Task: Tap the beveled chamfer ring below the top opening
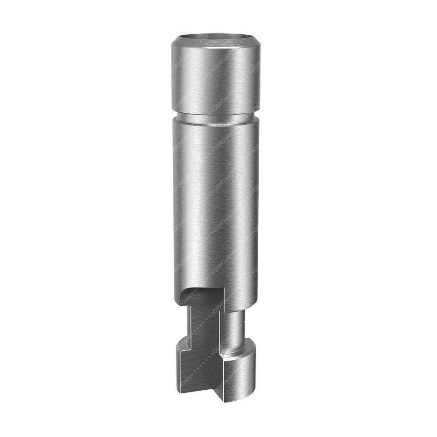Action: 215,44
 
